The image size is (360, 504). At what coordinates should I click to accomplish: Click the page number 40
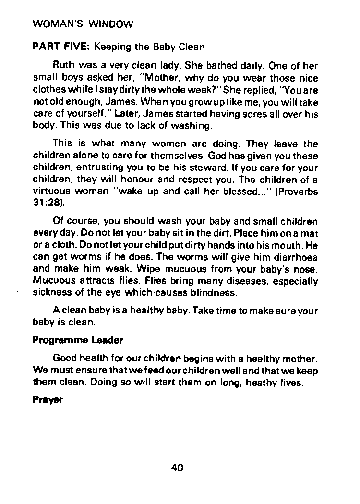click(x=177, y=468)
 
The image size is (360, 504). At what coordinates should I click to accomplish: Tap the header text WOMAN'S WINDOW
click(x=83, y=24)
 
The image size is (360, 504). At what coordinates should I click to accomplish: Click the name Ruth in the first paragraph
click(x=63, y=66)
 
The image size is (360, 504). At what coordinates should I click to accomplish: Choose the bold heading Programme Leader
click(x=77, y=340)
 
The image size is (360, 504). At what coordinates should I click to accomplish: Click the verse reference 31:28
click(x=45, y=203)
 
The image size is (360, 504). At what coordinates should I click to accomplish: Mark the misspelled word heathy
click(x=264, y=382)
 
